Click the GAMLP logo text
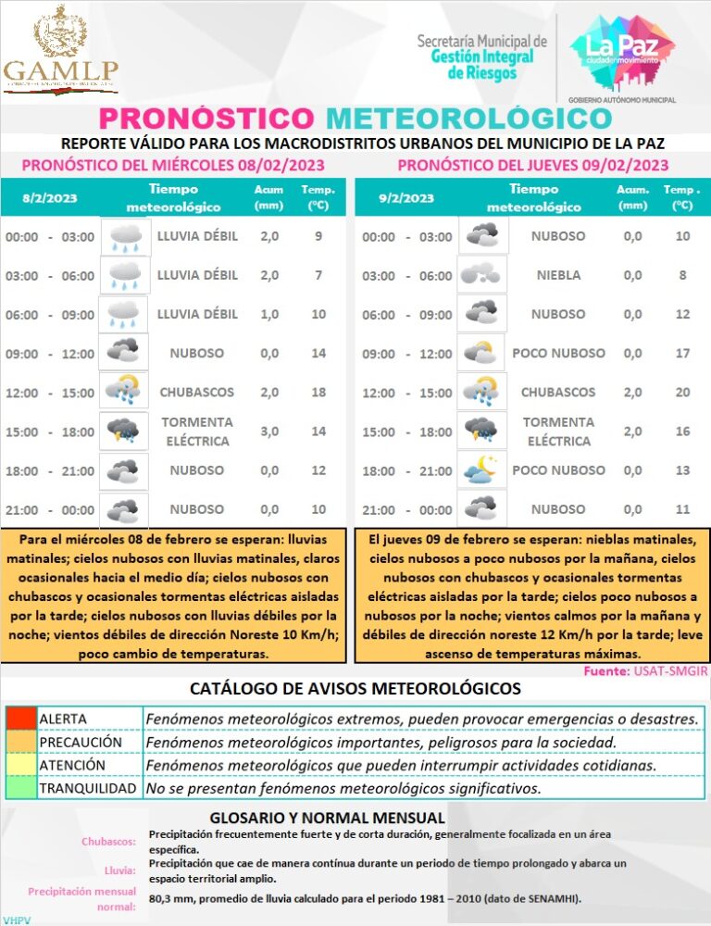pyautogui.click(x=60, y=70)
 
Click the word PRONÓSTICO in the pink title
pyautogui.click(x=206, y=119)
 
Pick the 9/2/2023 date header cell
pyautogui.click(x=405, y=198)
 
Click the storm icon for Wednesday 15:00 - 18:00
pyautogui.click(x=123, y=432)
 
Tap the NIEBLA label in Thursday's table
pyautogui.click(x=558, y=275)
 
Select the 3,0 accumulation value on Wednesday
pyautogui.click(x=268, y=432)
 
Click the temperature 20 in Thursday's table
pyautogui.click(x=682, y=393)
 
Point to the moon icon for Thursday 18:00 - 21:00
pyautogui.click(x=482, y=471)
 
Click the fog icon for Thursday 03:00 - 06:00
pyautogui.click(x=482, y=275)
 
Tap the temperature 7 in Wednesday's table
pyautogui.click(x=318, y=275)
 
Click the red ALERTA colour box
pyautogui.click(x=19, y=719)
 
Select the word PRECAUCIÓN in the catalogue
pyautogui.click(x=81, y=743)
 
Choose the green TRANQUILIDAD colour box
pyautogui.click(x=19, y=789)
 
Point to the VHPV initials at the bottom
pyautogui.click(x=18, y=920)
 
